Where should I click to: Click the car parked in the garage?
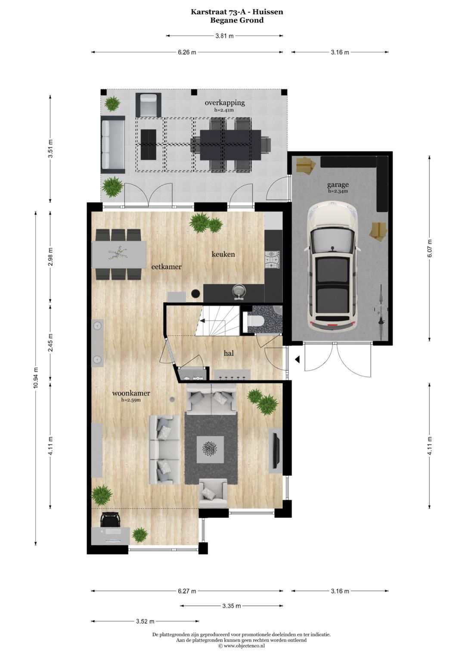[x=331, y=267]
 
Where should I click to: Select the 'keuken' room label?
[x=223, y=254]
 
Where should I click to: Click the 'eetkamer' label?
[x=166, y=267]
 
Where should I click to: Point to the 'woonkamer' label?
[x=131, y=393]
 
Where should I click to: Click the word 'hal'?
[x=229, y=353]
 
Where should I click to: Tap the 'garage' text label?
[x=338, y=185]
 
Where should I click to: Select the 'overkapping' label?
[x=225, y=103]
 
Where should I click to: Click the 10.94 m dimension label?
[x=36, y=378]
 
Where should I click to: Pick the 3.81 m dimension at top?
[x=224, y=36]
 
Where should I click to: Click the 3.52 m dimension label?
[x=145, y=621]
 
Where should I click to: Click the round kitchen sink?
[x=239, y=291]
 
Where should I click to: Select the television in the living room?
[x=276, y=450]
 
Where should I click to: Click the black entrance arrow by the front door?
[x=297, y=359]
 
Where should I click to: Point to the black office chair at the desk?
[x=110, y=519]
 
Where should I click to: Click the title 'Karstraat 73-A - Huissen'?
[x=237, y=12]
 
